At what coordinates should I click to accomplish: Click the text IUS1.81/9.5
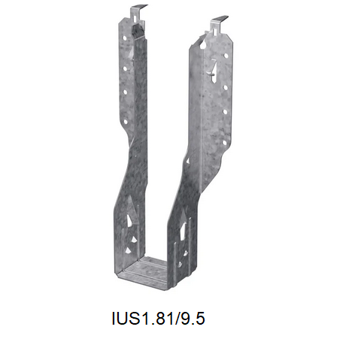coord(156,319)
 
